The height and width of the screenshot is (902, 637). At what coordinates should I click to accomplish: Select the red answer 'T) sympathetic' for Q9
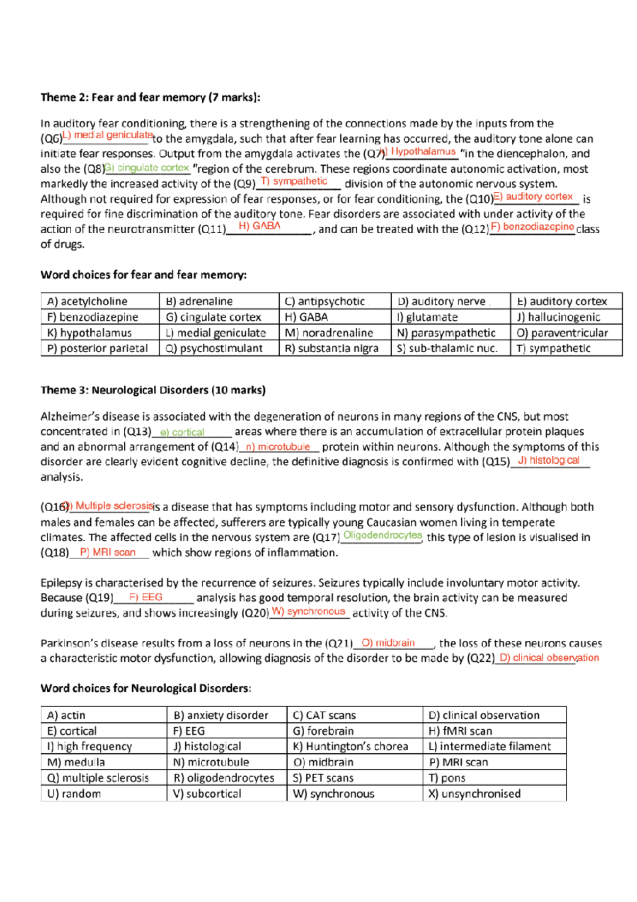(x=294, y=181)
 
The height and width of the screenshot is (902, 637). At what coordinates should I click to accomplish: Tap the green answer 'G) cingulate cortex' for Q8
(x=147, y=168)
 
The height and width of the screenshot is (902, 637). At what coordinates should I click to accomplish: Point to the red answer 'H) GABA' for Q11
(x=260, y=226)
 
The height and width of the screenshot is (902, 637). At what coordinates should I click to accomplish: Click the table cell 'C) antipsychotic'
(x=324, y=301)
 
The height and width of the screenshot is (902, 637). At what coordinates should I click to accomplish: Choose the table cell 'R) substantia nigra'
(x=331, y=348)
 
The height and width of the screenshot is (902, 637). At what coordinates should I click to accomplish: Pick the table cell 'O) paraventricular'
(x=562, y=333)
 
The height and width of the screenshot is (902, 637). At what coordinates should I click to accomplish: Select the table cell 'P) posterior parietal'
(x=97, y=348)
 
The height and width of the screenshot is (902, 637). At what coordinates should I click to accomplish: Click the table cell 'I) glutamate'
(x=427, y=317)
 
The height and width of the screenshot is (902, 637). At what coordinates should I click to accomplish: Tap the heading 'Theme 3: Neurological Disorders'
(x=153, y=390)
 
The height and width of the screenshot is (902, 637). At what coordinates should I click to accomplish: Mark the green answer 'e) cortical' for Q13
(x=182, y=432)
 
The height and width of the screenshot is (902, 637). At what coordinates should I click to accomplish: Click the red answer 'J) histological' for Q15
(x=548, y=461)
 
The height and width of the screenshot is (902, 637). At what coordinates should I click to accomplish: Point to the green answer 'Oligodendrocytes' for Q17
(x=382, y=535)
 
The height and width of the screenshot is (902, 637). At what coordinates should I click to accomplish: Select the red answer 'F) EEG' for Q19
(x=146, y=597)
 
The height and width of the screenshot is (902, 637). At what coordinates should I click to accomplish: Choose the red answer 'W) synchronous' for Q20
(x=308, y=611)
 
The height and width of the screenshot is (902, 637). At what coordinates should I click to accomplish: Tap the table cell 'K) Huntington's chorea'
(x=350, y=746)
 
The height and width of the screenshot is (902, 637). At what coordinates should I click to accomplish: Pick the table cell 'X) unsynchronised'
(x=475, y=794)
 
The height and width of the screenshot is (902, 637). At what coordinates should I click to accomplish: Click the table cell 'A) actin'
(x=66, y=716)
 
